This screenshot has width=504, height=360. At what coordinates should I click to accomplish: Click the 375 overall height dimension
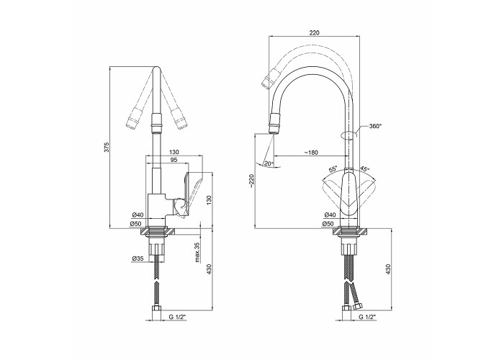(108, 147)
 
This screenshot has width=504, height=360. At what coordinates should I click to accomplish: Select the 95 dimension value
(174, 159)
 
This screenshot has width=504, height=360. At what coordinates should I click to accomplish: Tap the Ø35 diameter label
(138, 258)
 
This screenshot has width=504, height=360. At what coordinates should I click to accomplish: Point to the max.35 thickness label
(197, 251)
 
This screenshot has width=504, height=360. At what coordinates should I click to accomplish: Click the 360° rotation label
(375, 126)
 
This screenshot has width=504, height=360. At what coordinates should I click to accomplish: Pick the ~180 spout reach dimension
(311, 153)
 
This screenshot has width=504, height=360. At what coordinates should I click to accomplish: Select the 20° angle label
(269, 163)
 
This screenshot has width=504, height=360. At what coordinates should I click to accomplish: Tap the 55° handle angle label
(333, 169)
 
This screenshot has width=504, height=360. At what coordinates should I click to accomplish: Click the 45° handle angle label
(365, 168)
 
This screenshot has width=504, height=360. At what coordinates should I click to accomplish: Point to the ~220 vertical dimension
(251, 181)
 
